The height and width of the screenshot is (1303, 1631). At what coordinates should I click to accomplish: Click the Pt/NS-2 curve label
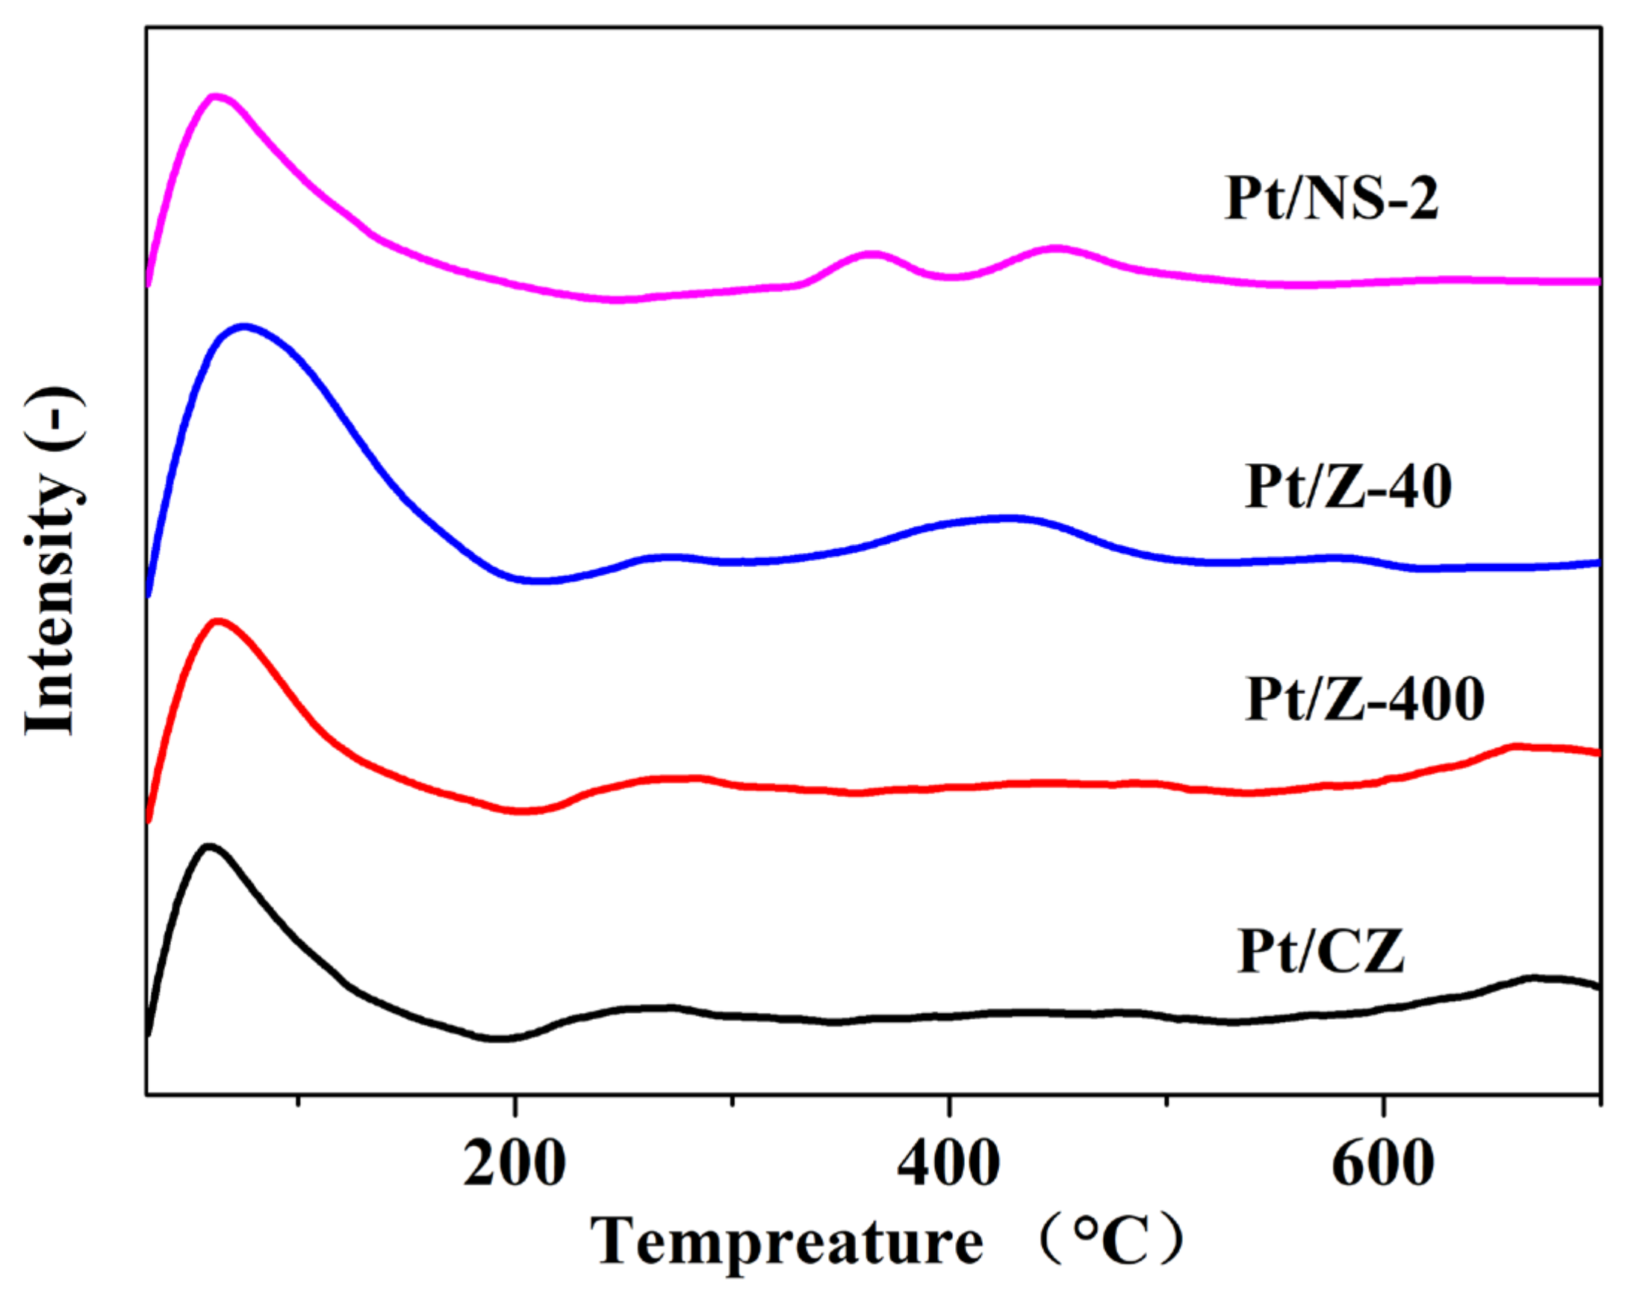point(1331,198)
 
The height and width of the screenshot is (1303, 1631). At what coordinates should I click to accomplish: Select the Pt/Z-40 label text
point(1347,486)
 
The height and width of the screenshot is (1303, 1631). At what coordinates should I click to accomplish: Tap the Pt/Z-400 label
point(1364,699)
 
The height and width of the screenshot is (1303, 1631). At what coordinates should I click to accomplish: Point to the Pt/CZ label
point(1321,950)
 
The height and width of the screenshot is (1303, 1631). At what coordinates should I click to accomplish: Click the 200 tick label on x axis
point(515,1163)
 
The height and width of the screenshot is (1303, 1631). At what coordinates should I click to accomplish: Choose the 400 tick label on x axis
point(948,1163)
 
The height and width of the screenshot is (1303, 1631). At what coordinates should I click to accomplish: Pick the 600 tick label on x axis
point(1383,1163)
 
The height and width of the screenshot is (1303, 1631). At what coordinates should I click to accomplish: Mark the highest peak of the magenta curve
point(217,96)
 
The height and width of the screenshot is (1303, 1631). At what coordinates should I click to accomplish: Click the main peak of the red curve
point(219,622)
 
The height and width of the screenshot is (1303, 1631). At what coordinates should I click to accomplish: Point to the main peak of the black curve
point(210,847)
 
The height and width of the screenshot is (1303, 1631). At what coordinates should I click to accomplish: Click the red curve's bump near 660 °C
point(1515,747)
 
